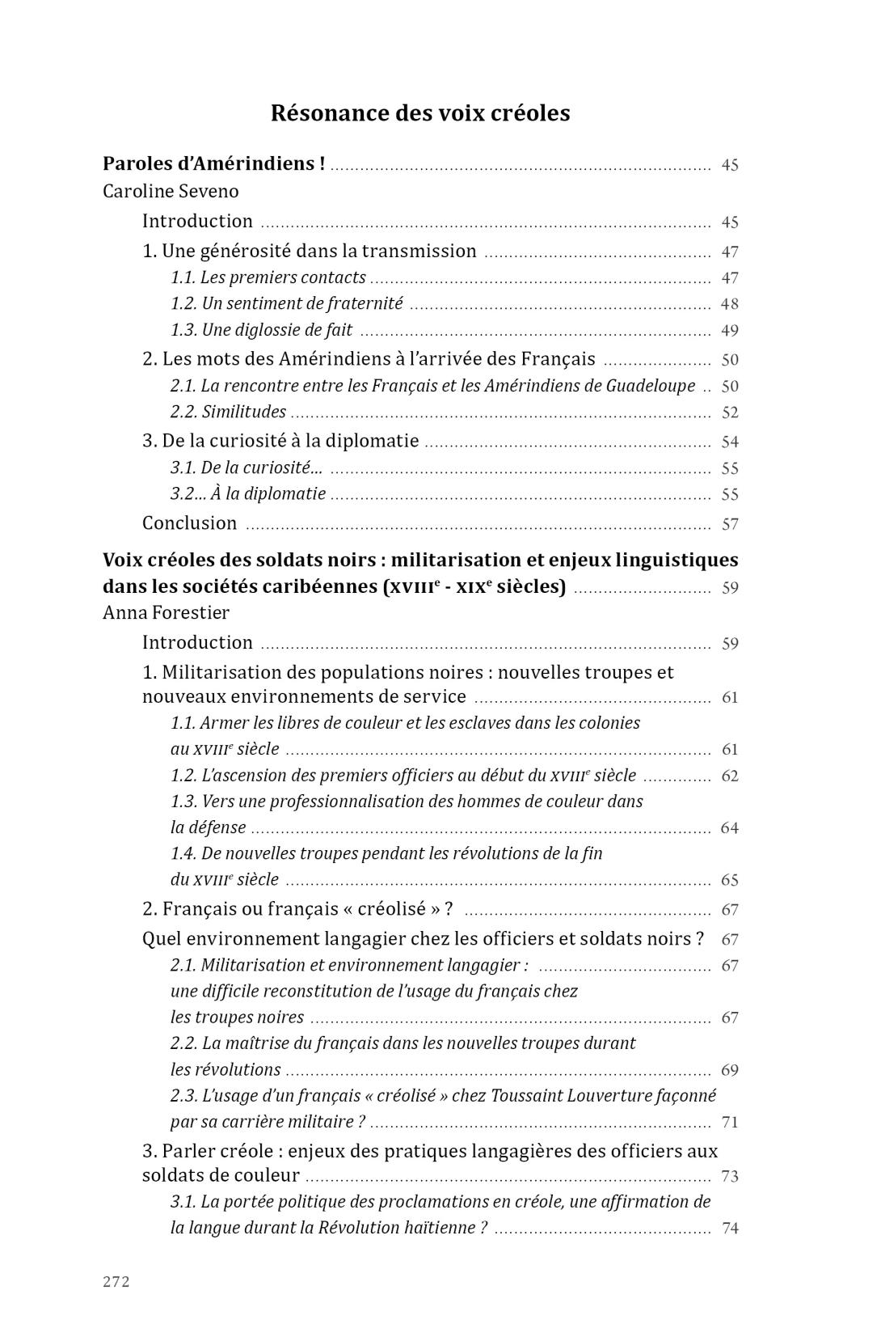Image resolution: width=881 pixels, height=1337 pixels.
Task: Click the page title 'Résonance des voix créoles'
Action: click(x=419, y=113)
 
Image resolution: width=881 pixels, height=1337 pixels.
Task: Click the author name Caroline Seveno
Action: click(x=171, y=192)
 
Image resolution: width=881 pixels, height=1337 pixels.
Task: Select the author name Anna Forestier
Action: click(x=166, y=612)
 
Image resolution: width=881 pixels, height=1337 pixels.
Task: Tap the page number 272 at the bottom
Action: click(x=116, y=1281)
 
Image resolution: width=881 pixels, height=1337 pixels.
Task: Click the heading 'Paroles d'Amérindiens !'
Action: click(x=213, y=163)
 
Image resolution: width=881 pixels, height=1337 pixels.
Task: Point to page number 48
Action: click(x=729, y=304)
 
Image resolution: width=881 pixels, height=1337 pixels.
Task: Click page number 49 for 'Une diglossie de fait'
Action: click(x=729, y=331)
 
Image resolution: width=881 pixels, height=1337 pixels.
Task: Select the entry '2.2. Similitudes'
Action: click(x=228, y=412)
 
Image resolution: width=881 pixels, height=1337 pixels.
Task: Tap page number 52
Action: click(x=729, y=413)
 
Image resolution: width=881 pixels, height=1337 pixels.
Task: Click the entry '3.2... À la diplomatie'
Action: click(x=248, y=493)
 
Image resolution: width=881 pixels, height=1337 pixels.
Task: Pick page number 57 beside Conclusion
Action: click(x=729, y=524)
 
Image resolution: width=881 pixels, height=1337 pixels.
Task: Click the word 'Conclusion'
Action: click(x=189, y=523)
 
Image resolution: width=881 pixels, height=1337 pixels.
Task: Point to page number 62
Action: click(x=729, y=776)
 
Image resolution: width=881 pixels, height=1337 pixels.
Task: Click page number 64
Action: click(x=729, y=828)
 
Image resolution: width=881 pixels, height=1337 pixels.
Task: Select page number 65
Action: click(x=729, y=880)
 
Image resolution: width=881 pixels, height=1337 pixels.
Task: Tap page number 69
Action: click(x=729, y=1071)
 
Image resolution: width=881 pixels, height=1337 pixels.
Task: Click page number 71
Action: click(x=729, y=1123)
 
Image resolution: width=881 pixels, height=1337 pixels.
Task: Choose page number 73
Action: click(x=729, y=1177)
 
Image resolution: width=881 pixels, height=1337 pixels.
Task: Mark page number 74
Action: click(x=729, y=1229)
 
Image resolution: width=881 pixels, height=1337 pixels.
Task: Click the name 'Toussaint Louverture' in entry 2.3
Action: click(x=582, y=1095)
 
